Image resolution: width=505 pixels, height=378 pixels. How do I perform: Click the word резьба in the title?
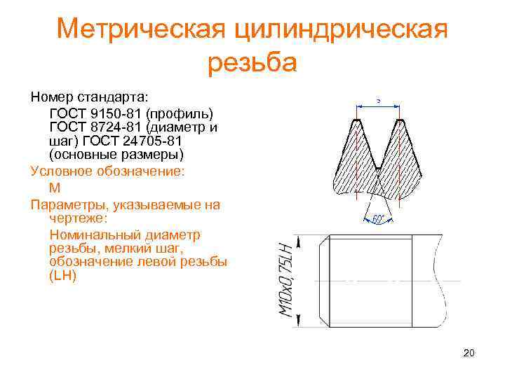(252, 62)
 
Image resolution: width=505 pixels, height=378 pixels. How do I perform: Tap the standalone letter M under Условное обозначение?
(55, 188)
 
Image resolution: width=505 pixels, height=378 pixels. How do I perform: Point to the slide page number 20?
(469, 353)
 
